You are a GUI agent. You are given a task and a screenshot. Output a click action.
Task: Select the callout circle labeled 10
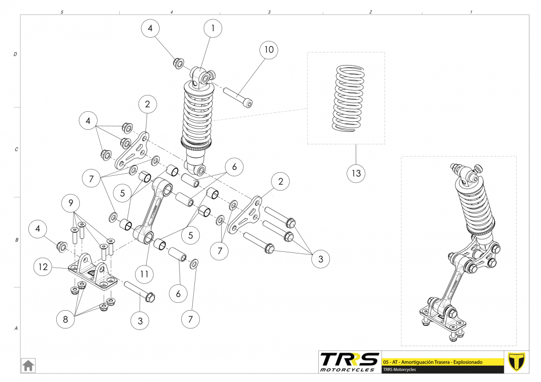pos(268,50)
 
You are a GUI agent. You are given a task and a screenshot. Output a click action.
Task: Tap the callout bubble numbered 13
pos(356,173)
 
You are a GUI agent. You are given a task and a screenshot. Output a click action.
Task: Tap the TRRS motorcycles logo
pos(349,361)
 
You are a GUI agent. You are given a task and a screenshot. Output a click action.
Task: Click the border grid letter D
pos(16,54)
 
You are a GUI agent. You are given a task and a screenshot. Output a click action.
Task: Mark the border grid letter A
pos(16,328)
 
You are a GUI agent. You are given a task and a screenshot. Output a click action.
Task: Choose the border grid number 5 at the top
pos(63,12)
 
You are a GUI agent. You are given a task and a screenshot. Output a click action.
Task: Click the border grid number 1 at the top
pos(471,12)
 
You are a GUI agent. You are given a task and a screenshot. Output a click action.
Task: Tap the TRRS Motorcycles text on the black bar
pos(400,369)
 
